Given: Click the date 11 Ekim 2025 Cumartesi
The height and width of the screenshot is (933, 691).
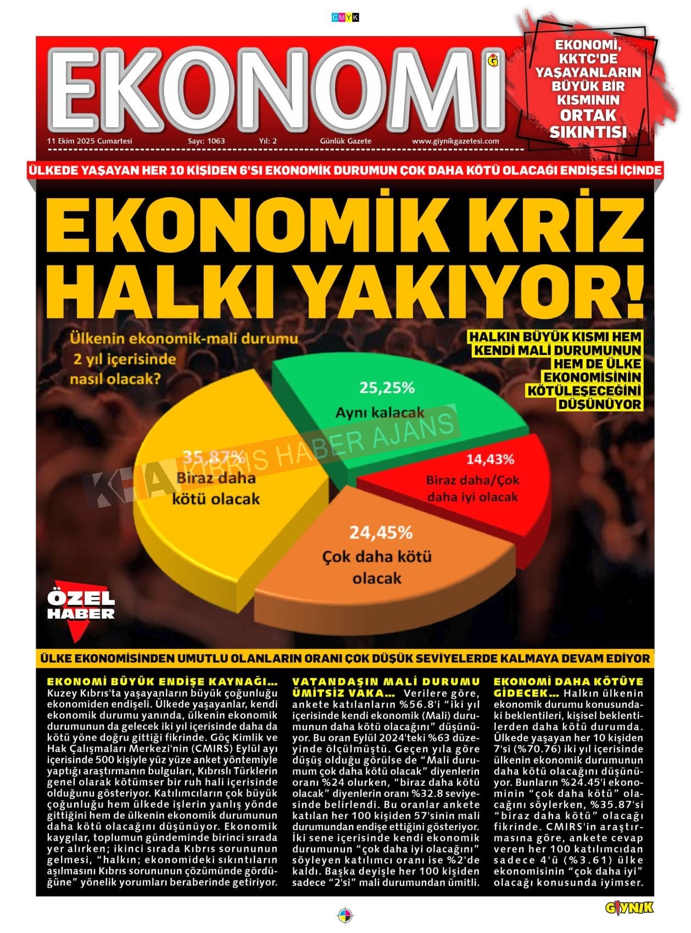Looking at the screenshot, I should click(90, 141).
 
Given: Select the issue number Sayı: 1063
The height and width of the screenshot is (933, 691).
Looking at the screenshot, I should click(206, 141).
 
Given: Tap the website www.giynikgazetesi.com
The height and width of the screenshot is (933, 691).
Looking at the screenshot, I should click(455, 141).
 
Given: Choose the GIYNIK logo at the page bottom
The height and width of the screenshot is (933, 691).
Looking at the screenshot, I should click(629, 908).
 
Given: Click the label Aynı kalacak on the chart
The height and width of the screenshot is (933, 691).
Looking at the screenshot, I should click(380, 412).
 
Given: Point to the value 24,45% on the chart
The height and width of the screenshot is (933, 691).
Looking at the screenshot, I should click(381, 532).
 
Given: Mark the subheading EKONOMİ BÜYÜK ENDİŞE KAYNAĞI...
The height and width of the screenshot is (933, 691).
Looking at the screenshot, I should click(162, 682).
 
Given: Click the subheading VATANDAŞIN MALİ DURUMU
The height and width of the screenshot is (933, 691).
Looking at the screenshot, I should click(386, 682).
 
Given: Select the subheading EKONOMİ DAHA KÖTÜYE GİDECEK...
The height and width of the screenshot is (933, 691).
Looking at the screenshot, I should click(568, 687).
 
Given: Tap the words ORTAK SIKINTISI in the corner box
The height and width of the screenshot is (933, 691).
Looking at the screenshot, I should click(588, 123).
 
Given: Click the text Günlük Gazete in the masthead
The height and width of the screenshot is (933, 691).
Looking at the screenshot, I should click(345, 141).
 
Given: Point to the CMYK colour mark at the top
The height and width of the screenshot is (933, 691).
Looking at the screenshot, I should click(345, 18).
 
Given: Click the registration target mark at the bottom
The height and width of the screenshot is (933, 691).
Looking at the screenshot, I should click(345, 915).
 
